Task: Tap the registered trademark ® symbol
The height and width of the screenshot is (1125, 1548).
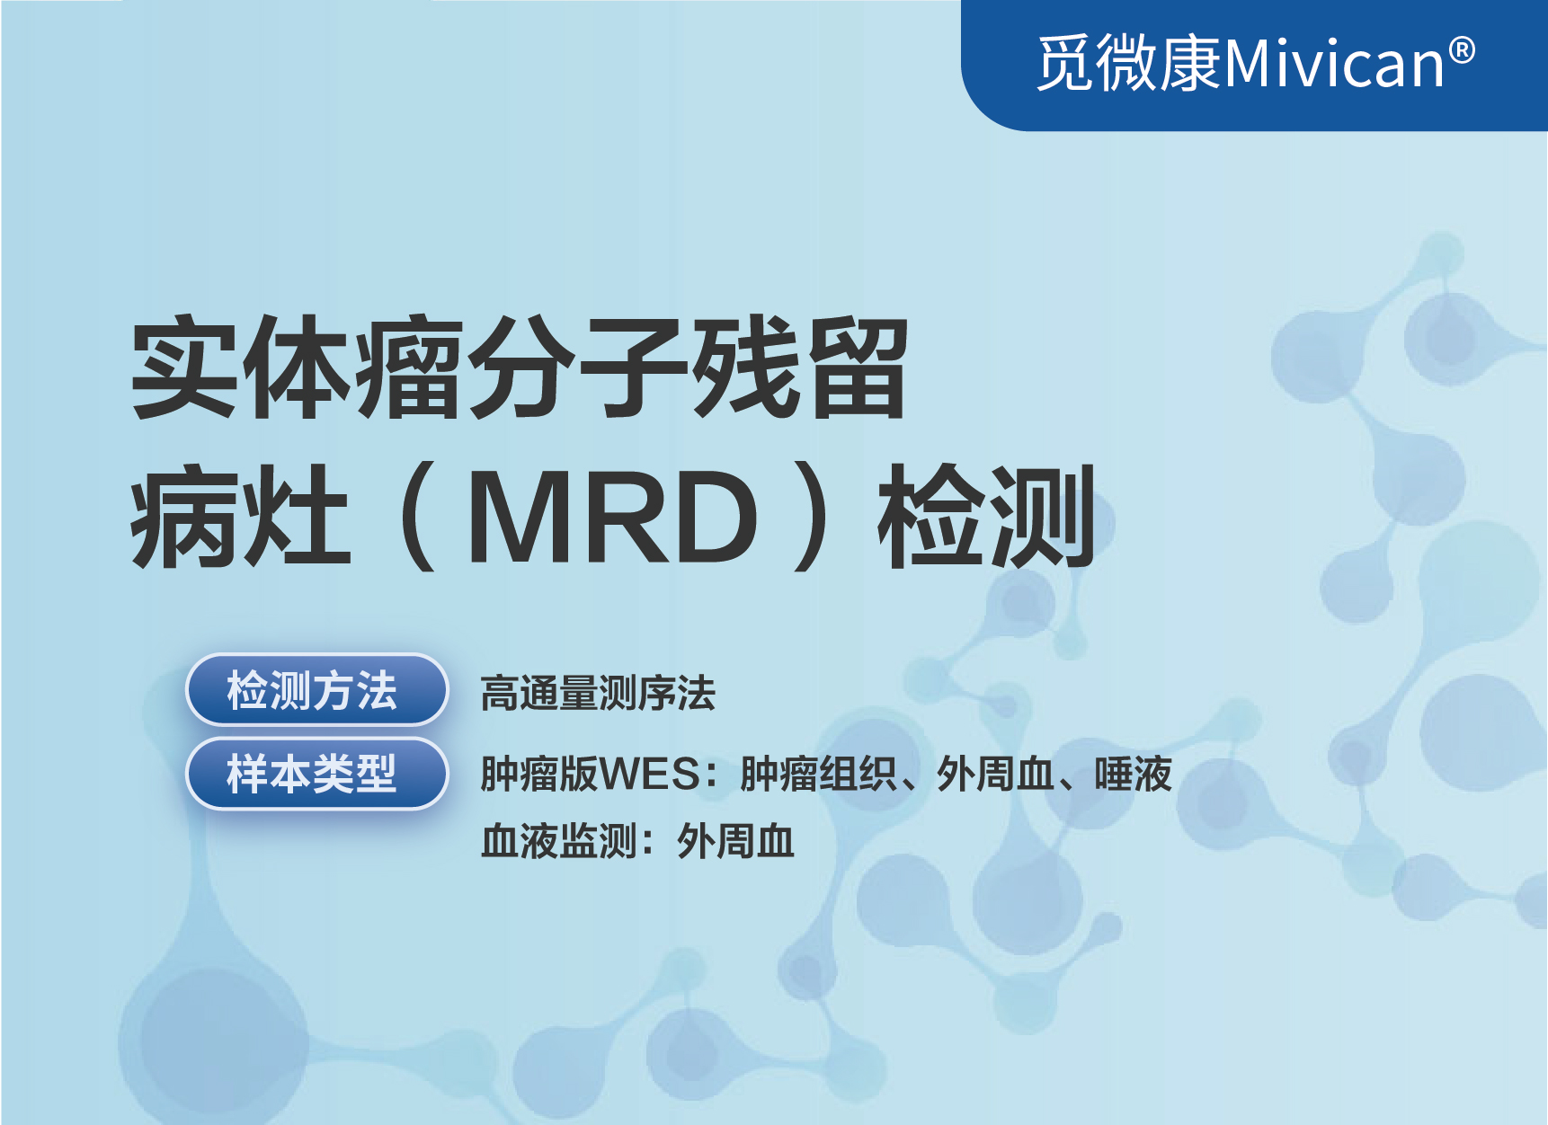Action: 1462,50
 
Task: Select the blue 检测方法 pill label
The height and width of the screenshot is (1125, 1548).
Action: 316,690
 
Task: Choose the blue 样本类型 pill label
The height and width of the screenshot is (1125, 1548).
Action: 316,774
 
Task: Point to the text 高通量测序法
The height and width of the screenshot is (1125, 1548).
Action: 598,694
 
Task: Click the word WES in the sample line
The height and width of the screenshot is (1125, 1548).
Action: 649,775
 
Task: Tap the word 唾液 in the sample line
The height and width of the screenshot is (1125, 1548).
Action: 1134,774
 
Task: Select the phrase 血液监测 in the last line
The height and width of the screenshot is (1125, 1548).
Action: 559,842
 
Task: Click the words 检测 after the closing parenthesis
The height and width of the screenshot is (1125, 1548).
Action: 986,517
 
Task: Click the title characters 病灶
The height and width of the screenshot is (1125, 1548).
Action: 240,517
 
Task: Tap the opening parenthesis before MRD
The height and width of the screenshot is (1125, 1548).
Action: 419,517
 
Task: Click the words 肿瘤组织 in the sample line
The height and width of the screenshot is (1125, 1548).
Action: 819,774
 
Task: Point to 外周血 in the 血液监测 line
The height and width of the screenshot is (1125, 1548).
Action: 735,842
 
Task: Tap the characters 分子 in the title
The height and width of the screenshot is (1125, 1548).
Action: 577,368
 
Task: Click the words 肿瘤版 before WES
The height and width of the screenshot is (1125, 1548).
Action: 539,774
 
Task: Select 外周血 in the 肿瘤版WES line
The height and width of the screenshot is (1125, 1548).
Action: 995,774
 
